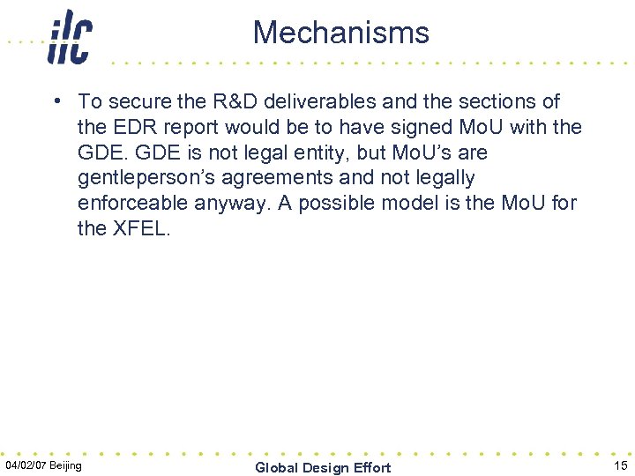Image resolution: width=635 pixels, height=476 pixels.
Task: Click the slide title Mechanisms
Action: click(x=340, y=33)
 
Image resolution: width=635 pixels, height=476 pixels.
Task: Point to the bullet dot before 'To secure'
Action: click(x=56, y=100)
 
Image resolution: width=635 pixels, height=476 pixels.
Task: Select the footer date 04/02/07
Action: click(x=26, y=465)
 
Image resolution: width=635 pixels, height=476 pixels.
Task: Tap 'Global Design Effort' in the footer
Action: click(x=323, y=467)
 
